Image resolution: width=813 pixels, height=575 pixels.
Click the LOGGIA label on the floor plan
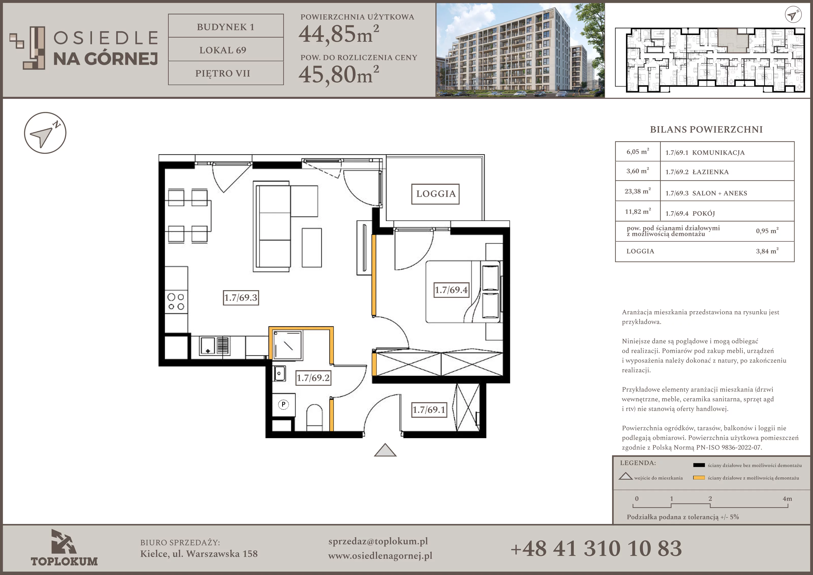[x=435, y=194]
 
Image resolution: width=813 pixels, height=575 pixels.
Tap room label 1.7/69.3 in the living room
[x=241, y=298]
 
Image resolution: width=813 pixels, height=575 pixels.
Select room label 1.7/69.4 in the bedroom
[x=451, y=290]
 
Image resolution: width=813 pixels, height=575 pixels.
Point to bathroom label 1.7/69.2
[x=313, y=378]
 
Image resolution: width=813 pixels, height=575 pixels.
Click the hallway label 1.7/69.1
[x=429, y=410]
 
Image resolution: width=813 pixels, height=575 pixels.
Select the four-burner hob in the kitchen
[x=176, y=302]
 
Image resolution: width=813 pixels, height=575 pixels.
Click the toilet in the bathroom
[x=314, y=417]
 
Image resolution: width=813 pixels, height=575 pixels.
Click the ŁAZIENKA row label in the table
[x=710, y=172]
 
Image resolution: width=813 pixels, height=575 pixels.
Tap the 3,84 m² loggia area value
[x=767, y=251]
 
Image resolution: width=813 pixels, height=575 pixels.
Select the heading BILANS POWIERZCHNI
[x=706, y=129]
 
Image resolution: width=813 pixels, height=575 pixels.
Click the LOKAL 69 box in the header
[x=226, y=50]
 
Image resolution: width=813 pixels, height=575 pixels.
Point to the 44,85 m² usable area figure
[x=339, y=34]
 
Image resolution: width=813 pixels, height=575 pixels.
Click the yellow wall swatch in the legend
[x=699, y=478]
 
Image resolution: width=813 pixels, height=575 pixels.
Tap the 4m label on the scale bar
[x=787, y=498]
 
